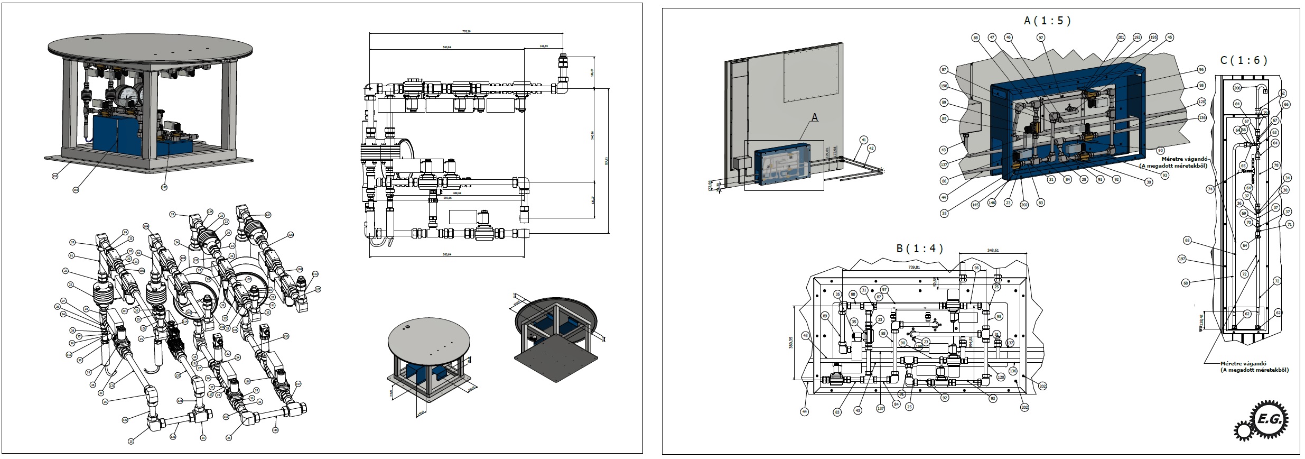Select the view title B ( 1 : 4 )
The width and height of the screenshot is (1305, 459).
pos(920,248)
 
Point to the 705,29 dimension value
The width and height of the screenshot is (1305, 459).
pos(466,32)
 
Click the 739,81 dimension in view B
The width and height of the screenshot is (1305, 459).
pos(914,268)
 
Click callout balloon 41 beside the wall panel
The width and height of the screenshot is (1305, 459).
pos(863,140)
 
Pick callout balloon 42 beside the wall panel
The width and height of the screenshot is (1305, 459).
pos(871,149)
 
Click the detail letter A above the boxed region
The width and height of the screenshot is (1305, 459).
pos(814,118)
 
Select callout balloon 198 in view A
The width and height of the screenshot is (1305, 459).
pos(944,86)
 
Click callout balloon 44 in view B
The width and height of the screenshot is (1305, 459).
pos(804,411)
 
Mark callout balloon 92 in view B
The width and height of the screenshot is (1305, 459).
pos(945,398)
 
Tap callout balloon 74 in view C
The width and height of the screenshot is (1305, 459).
pos(1210,189)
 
